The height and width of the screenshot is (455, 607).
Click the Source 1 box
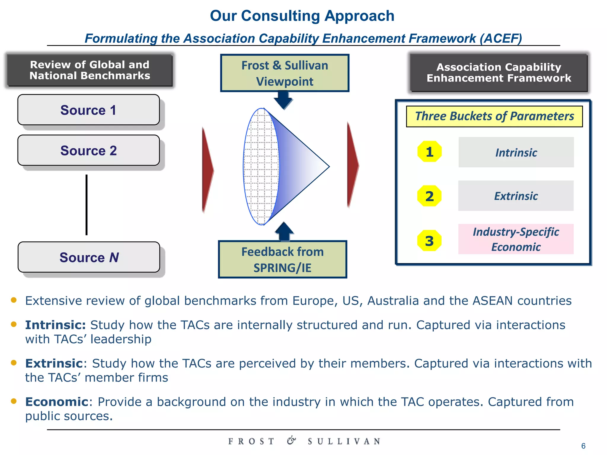tap(89, 110)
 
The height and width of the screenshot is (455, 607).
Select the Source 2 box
tap(89, 150)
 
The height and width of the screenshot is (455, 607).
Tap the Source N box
tap(89, 257)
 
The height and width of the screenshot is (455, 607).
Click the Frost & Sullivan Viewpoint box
tap(285, 73)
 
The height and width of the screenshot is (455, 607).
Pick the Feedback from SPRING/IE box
tap(282, 259)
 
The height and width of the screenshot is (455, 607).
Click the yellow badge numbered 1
tap(429, 152)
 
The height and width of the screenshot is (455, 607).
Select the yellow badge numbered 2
tap(429, 196)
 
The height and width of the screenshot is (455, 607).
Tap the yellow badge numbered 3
tap(429, 241)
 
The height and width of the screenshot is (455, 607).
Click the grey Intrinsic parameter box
tap(516, 152)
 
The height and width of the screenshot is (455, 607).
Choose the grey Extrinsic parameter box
tap(516, 196)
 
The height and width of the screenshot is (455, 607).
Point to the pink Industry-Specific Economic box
tap(516, 239)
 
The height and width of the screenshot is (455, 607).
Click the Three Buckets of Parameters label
tap(494, 116)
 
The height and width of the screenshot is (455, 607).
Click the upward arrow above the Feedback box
tap(284, 231)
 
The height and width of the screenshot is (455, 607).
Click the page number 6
tap(583, 446)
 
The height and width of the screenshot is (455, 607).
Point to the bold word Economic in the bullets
tap(57, 402)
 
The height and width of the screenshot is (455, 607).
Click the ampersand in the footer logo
tap(291, 440)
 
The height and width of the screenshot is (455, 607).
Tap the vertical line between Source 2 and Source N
tap(87, 205)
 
